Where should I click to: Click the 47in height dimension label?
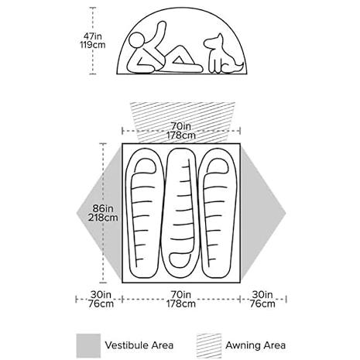[92, 36]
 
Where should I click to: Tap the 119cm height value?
[93, 45]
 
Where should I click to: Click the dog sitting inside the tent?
[223, 55]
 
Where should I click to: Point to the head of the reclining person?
[137, 40]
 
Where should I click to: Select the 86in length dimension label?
[103, 208]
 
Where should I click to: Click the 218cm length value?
[103, 218]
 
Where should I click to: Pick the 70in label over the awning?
[181, 126]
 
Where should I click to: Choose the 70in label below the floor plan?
[180, 294]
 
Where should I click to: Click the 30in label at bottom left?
[101, 294]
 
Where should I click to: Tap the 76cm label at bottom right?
[262, 303]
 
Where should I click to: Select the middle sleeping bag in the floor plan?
[180, 213]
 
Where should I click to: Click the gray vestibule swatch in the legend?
[88, 345]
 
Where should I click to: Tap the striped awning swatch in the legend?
[209, 345]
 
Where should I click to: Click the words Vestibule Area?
[139, 345]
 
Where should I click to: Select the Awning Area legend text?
[255, 345]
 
